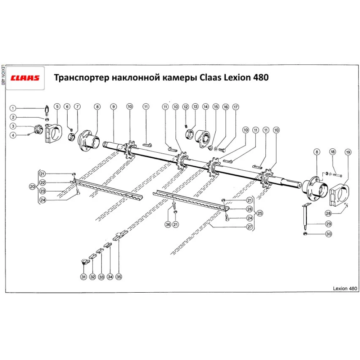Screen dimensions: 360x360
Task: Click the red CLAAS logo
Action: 25,78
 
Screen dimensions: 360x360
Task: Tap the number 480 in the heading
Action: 260,78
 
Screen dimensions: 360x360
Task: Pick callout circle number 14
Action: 206,107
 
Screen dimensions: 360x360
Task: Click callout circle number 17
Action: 235,107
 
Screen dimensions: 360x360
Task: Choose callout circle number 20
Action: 32,186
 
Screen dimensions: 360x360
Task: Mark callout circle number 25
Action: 260,213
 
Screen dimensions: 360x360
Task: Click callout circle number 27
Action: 249,227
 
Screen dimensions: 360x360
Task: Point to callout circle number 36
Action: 168,225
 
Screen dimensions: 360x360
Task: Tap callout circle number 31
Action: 84,277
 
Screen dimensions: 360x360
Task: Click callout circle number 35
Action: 119,277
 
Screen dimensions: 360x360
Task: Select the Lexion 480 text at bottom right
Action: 345,288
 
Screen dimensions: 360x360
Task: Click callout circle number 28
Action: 328,213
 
